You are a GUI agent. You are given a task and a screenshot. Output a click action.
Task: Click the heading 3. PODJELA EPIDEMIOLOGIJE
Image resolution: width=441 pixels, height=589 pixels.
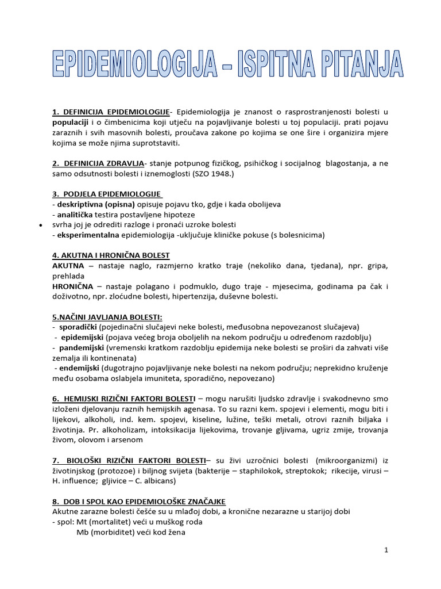tap(107, 194)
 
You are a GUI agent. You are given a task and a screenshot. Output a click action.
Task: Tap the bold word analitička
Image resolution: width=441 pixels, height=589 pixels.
tap(77, 215)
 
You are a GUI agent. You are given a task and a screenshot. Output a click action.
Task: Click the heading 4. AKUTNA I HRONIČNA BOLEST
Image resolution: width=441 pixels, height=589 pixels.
tap(111, 255)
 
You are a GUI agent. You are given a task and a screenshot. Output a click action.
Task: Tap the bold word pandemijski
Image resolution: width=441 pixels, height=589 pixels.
tap(80, 348)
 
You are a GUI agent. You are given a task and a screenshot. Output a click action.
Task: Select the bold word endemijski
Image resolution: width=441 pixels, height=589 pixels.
tap(79, 368)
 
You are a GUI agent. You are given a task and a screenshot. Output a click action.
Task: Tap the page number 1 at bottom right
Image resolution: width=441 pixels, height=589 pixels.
tap(386, 550)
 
